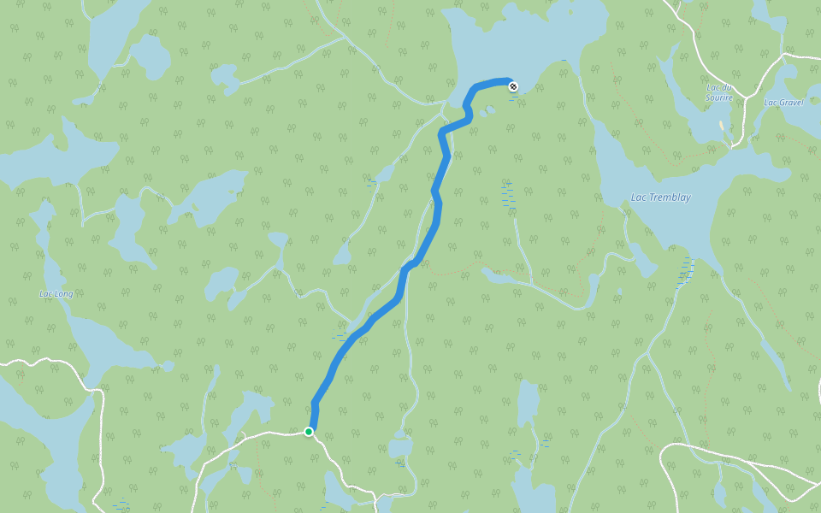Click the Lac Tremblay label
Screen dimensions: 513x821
click(x=660, y=198)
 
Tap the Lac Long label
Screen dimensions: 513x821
click(x=56, y=294)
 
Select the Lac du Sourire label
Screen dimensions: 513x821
click(x=719, y=92)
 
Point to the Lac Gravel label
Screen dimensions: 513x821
click(x=783, y=103)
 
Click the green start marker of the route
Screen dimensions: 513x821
click(x=309, y=432)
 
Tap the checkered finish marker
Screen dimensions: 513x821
click(x=512, y=85)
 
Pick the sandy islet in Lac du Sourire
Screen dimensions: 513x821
click(x=723, y=127)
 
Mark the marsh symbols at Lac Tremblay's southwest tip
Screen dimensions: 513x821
click(x=686, y=270)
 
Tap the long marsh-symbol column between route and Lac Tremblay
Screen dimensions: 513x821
click(x=509, y=196)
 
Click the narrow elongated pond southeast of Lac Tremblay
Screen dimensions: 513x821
click(x=775, y=354)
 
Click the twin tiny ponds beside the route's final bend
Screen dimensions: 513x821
click(x=487, y=110)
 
